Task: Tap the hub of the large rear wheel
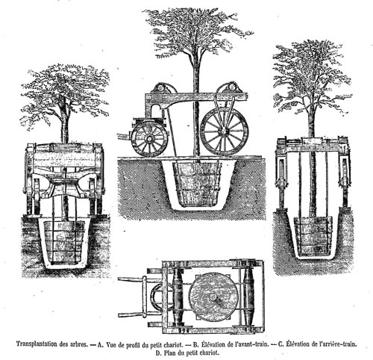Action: click(225, 131)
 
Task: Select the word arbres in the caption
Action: click(78, 344)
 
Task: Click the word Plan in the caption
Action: click(169, 353)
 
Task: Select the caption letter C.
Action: click(280, 344)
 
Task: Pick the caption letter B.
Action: click(195, 344)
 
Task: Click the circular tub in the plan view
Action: click(213, 297)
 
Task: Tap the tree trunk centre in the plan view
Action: click(213, 297)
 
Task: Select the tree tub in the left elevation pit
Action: click(63, 242)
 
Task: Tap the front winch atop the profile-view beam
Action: click(160, 89)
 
